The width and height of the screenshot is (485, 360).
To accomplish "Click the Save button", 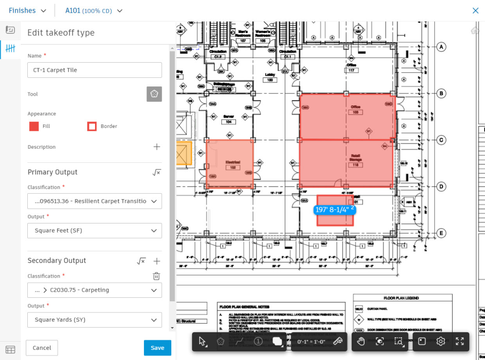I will click(x=157, y=348).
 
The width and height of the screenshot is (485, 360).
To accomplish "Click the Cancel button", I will click(x=42, y=348).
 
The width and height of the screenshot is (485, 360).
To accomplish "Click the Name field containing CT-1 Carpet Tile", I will click(x=94, y=70).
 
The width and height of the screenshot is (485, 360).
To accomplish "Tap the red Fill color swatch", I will click(x=34, y=126).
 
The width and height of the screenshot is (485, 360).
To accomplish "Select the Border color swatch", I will click(x=92, y=126).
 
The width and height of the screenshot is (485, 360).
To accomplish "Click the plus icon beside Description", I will click(x=157, y=147).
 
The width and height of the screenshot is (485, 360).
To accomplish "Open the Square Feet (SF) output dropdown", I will click(x=94, y=231).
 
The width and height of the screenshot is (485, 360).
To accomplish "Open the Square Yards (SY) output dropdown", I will click(x=94, y=320).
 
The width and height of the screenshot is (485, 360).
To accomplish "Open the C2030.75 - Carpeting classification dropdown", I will click(x=94, y=290).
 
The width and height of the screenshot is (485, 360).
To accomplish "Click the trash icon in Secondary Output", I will click(x=157, y=276).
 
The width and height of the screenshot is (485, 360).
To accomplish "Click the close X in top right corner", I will click(x=475, y=11).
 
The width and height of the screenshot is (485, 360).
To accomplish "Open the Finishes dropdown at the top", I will click(x=28, y=11).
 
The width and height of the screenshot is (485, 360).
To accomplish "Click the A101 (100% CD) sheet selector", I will click(x=94, y=11).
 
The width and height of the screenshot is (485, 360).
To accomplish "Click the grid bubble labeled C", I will click(x=441, y=140).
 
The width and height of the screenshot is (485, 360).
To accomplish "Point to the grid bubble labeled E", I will click(x=441, y=234).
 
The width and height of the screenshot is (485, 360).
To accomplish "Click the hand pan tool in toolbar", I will click(x=361, y=341).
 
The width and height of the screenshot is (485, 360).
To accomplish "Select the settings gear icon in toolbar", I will click(x=441, y=341).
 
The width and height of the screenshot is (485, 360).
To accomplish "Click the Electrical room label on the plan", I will click(x=233, y=162).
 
